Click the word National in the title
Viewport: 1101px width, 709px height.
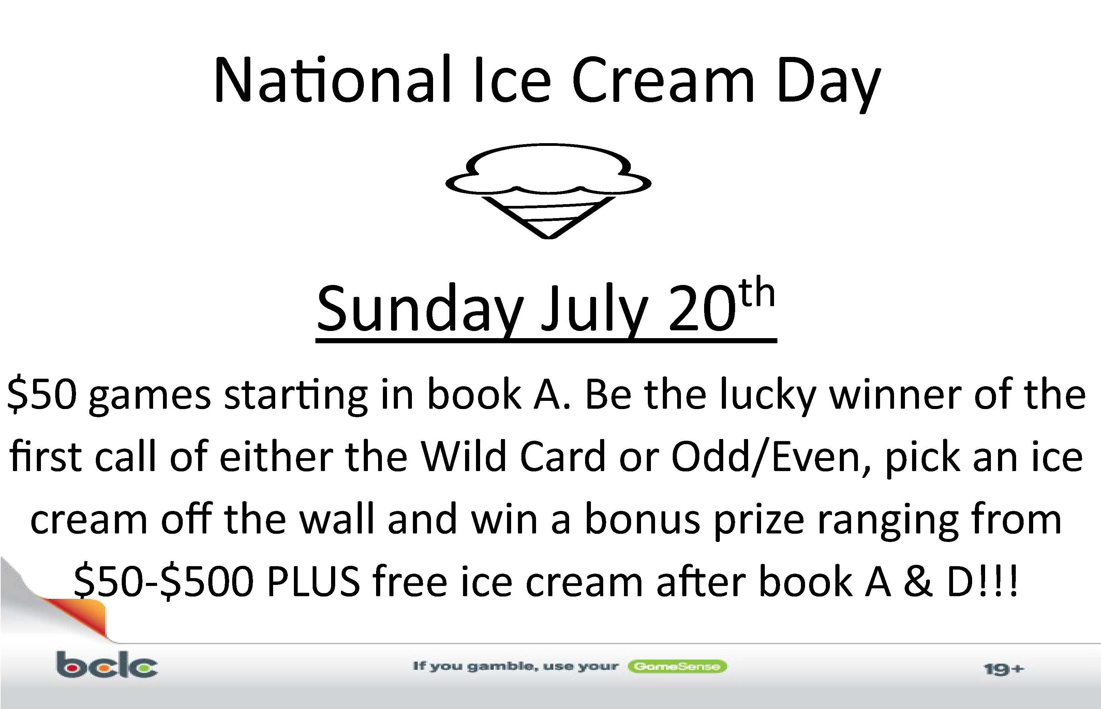[331, 79]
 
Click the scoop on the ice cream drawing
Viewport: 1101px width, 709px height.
[548, 169]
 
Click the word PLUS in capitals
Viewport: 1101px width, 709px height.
[313, 581]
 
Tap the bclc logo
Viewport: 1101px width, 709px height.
[107, 664]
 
